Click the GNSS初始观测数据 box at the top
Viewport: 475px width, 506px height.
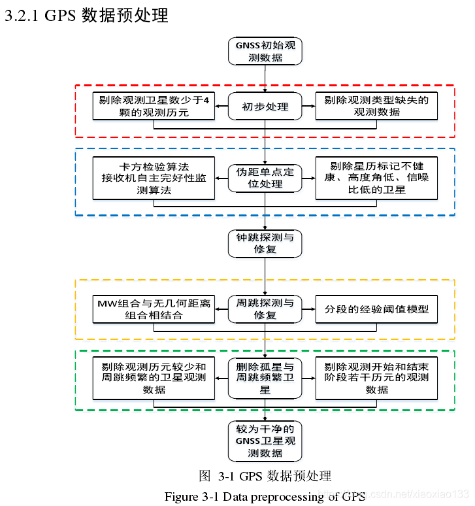coord(265,52)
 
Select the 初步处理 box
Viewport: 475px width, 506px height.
coord(265,107)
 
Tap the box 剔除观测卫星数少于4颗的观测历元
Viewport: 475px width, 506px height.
coord(154,107)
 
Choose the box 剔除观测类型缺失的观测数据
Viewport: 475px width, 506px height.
coord(376,107)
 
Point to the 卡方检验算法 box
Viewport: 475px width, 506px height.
coord(154,178)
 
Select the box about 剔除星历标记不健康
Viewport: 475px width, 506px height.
coord(376,178)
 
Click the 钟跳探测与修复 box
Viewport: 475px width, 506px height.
coord(265,243)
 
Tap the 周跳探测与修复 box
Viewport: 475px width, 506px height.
coord(265,309)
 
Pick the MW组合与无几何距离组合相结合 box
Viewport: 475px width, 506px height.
coord(154,309)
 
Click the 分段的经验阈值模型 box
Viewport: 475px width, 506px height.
coord(376,309)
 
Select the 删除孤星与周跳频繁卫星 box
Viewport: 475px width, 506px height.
coord(265,378)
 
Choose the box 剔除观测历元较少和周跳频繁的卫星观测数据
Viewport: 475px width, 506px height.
coord(154,378)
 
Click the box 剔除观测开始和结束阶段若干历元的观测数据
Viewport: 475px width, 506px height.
coord(376,378)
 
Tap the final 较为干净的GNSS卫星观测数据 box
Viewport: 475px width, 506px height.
coord(265,441)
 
